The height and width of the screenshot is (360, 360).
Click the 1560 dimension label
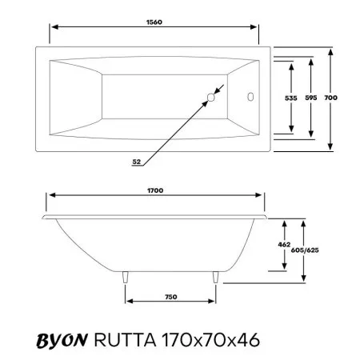pyautogui.click(x=155, y=22)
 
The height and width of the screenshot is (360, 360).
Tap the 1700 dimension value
pyautogui.click(x=155, y=190)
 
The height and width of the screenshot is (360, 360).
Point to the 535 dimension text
pyautogui.click(x=290, y=98)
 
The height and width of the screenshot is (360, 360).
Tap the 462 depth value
pyautogui.click(x=283, y=244)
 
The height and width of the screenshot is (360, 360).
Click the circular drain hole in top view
pyautogui.click(x=211, y=98)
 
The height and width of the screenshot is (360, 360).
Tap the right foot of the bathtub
pyautogui.click(x=214, y=277)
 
